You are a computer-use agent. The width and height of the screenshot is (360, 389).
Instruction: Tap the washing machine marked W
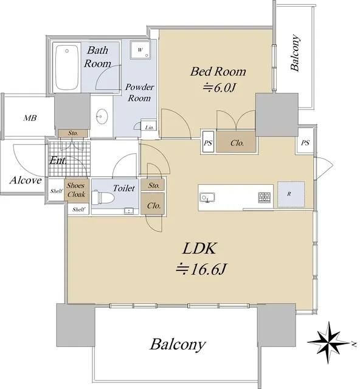pyautogui.click(x=140, y=50)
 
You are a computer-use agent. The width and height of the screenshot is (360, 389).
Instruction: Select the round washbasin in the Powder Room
pyautogui.click(x=102, y=116)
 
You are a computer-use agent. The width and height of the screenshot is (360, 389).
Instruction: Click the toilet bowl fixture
pyautogui.click(x=103, y=198)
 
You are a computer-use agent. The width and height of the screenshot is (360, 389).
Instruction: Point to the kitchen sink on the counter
pyautogui.click(x=207, y=198)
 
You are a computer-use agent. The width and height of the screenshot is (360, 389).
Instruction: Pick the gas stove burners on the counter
pyautogui.click(x=265, y=198)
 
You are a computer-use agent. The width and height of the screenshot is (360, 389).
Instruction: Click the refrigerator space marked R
pyautogui.click(x=291, y=194)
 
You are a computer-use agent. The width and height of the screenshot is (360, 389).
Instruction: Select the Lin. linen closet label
pyautogui.click(x=150, y=128)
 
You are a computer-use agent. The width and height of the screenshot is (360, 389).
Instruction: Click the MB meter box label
pyautogui.click(x=30, y=118)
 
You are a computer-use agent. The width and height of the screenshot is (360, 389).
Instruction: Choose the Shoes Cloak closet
pyautogui.click(x=76, y=190)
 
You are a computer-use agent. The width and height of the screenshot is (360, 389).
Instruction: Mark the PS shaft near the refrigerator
pyautogui.click(x=305, y=143)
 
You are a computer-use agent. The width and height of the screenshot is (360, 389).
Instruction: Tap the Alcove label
pyautogui.click(x=26, y=181)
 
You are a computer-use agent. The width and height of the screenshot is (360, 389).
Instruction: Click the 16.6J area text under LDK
pyautogui.click(x=201, y=269)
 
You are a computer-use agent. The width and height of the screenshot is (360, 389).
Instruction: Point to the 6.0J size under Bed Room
pyautogui.click(x=218, y=88)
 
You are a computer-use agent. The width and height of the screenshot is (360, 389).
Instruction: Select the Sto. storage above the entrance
pyautogui.click(x=73, y=133)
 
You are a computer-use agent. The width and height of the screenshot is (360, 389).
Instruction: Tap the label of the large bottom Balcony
pyautogui.click(x=178, y=345)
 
